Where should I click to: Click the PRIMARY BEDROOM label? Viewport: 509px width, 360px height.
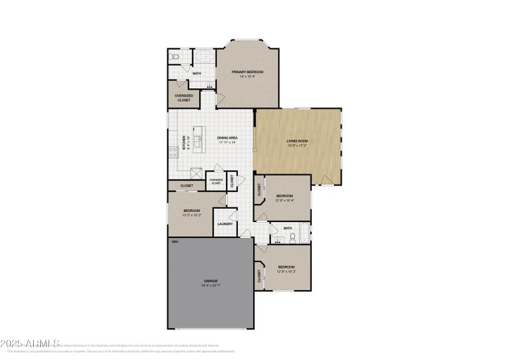coord(247,73)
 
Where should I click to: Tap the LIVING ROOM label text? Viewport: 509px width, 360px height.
coord(298,141)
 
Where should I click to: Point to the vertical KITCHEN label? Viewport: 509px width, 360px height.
coord(184,141)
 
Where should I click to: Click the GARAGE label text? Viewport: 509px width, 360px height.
coord(211,280)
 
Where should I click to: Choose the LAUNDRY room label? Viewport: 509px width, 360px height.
coord(225,224)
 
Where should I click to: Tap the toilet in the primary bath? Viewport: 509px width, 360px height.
coord(176,58)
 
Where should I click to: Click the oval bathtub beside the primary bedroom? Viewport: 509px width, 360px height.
coord(204,58)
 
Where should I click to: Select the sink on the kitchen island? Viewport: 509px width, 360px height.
coord(198,141)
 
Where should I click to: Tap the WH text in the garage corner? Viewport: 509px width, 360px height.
coord(173,242)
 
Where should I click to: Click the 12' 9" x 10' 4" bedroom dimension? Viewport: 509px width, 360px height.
coord(284,200)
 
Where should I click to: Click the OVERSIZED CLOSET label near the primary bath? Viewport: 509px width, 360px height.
coord(183,98)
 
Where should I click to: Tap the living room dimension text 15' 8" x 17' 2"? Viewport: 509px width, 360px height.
coord(298,146)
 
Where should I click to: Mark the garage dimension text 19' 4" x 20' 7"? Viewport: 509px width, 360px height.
coord(211,286)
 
